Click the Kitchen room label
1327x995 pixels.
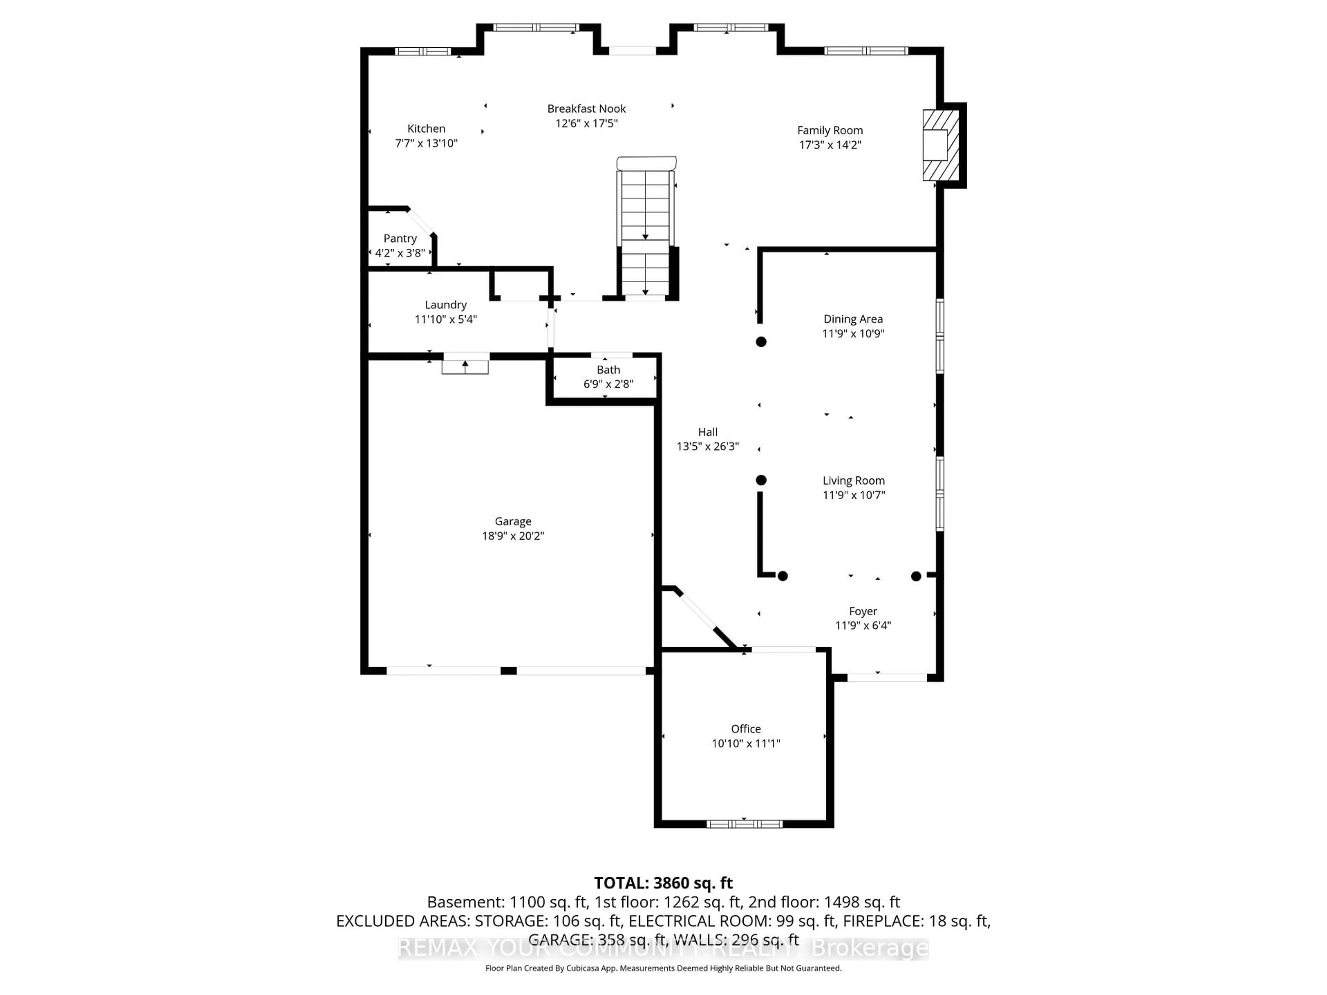tap(426, 129)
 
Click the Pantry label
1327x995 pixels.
tap(399, 238)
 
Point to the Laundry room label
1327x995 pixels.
tap(445, 305)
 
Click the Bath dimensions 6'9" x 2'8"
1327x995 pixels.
tap(608, 384)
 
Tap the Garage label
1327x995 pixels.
tap(512, 521)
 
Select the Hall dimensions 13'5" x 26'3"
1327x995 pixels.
tap(707, 446)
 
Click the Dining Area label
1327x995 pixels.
tap(853, 319)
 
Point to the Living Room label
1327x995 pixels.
tap(853, 481)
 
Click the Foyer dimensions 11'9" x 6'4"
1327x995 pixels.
tap(863, 626)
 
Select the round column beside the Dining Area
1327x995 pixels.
tap(761, 342)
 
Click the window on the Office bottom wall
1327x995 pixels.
tap(744, 824)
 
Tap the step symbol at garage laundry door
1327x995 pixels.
tap(465, 367)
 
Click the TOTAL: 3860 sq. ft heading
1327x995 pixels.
tap(663, 883)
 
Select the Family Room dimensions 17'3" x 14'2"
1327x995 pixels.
tap(830, 144)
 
